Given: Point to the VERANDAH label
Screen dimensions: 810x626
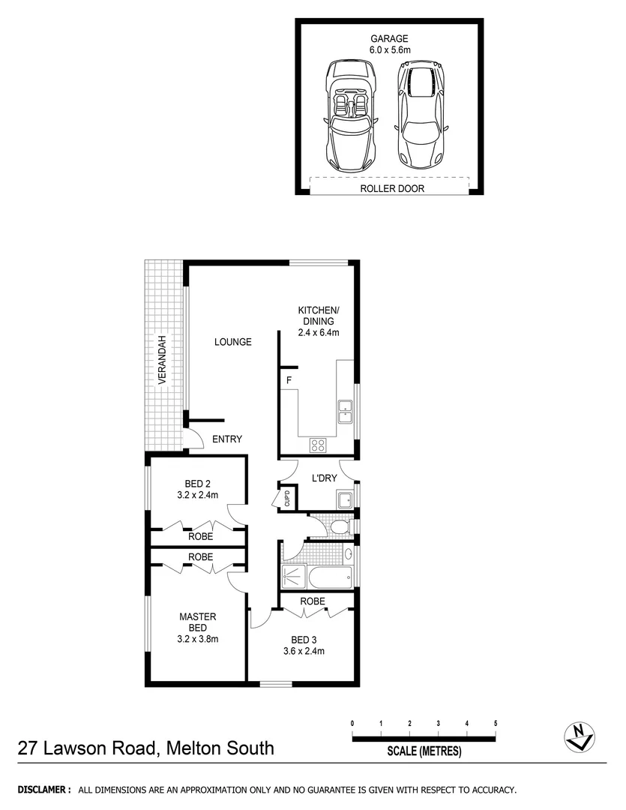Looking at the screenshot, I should pyautogui.click(x=161, y=360).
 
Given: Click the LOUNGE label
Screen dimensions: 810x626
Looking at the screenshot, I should pyautogui.click(x=232, y=342).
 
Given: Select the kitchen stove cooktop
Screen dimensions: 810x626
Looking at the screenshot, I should pyautogui.click(x=319, y=445).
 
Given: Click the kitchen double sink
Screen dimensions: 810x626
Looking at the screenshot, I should pyautogui.click(x=346, y=411).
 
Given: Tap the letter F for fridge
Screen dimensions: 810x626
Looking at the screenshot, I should pyautogui.click(x=288, y=381).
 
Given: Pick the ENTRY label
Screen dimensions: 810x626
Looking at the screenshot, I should pyautogui.click(x=227, y=439).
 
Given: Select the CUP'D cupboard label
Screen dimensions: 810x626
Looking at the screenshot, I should pyautogui.click(x=286, y=498).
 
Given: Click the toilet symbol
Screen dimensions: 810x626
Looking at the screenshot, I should pyautogui.click(x=340, y=526).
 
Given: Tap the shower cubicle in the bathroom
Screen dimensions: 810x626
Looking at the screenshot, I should pyautogui.click(x=292, y=576).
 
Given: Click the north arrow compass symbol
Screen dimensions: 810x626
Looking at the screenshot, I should pyautogui.click(x=579, y=736).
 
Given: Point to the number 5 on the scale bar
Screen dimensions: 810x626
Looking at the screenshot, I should pyautogui.click(x=496, y=723).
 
